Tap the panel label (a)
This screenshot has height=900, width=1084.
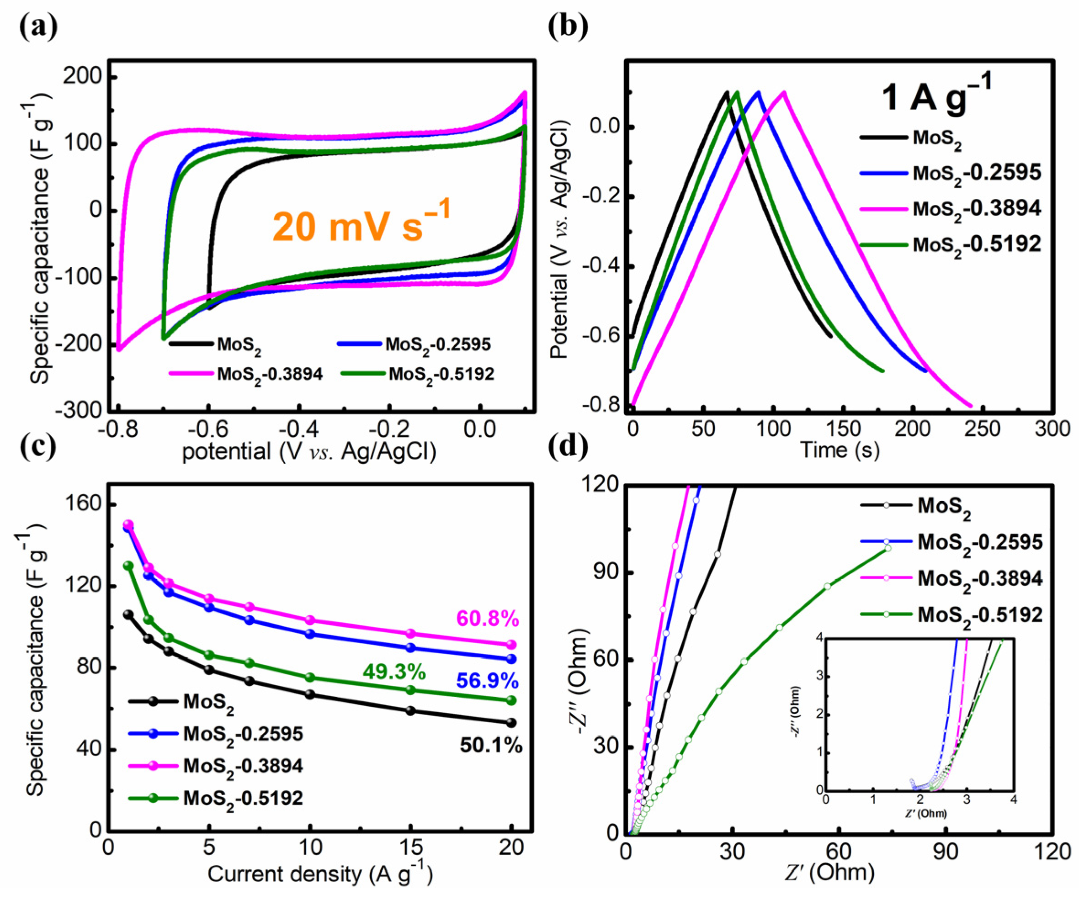point(38,27)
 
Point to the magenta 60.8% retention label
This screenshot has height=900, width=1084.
point(487,618)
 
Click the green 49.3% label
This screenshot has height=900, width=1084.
point(394,672)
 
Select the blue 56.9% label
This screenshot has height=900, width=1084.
point(487,681)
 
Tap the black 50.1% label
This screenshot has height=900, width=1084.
point(491,746)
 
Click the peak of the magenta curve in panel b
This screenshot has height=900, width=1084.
point(784,92)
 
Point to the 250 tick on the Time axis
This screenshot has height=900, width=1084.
point(983,429)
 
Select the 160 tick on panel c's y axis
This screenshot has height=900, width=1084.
point(83,504)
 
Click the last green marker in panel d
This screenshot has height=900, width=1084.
point(888,548)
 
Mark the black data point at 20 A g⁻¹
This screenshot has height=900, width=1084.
point(511,722)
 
